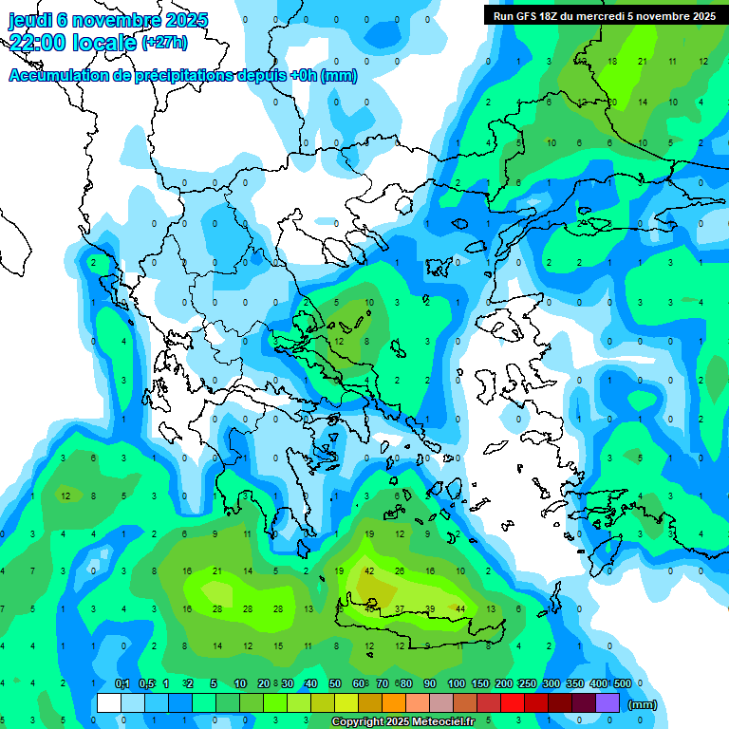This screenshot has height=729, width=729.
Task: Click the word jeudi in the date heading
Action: pyautogui.click(x=32, y=20)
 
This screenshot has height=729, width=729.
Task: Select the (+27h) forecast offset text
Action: pyautogui.click(x=164, y=43)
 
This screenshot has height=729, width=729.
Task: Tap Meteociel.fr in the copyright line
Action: pyautogui.click(x=436, y=722)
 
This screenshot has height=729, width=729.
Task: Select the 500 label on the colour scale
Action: pyautogui.click(x=623, y=684)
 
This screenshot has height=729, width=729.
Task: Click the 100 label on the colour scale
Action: pyautogui.click(x=457, y=684)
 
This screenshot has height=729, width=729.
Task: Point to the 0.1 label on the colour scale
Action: pyautogui.click(x=121, y=684)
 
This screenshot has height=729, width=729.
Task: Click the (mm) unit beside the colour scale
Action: pyautogui.click(x=643, y=704)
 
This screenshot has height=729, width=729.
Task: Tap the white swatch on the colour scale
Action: pyautogui.click(x=109, y=703)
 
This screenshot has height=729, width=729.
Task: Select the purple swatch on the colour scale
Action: pyautogui.click(x=607, y=703)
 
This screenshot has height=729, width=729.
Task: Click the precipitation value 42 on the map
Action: pyautogui.click(x=368, y=571)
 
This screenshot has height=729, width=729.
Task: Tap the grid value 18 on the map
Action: pyautogui.click(x=611, y=61)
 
